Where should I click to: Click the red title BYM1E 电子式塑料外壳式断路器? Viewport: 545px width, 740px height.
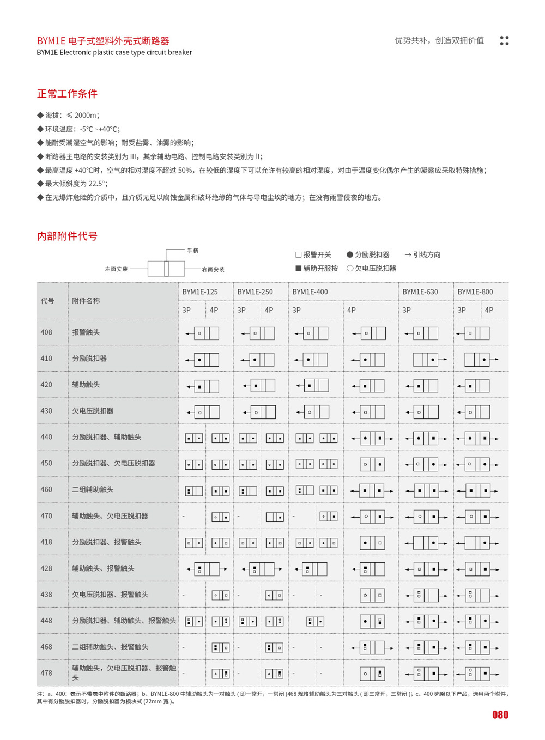coord(103,41)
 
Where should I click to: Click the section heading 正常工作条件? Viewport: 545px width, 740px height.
coord(67,94)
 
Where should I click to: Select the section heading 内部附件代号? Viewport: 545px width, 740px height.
coord(67,236)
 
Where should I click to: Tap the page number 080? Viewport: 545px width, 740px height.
coord(500,715)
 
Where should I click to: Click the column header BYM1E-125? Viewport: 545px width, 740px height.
coord(200,292)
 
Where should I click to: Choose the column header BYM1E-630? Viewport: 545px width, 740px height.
coord(420,292)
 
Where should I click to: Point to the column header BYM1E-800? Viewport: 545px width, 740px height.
coord(475,292)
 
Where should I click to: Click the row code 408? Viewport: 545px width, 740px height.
coord(46,332)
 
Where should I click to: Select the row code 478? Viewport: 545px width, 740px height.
coord(46,673)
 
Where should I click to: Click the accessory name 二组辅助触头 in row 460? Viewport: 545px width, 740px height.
coord(93,489)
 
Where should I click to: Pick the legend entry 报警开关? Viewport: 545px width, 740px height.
coord(313,254)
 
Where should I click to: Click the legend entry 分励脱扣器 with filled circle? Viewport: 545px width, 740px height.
coord(368,254)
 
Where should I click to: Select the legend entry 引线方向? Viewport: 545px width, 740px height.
coord(423,254)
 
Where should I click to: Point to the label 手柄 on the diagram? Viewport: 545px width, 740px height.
coord(193,251)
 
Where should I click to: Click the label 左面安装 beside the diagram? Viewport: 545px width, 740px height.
coord(117,269)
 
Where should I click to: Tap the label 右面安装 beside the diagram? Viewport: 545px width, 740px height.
coord(213,269)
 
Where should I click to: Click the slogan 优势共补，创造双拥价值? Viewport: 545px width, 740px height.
coord(439,40)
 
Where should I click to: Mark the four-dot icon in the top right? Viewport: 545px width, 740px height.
coord(504,40)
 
